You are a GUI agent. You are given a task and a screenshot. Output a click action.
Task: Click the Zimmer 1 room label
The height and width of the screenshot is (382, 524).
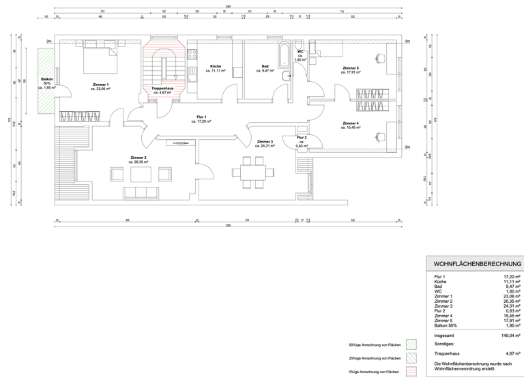[x=100, y=84]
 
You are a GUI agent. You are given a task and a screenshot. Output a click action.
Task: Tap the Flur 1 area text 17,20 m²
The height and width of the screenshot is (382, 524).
[x=201, y=121]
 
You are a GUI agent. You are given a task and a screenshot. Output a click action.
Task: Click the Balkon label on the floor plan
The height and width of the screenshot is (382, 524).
[x=46, y=79]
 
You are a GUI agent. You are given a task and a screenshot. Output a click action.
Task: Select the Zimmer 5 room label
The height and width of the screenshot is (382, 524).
[x=351, y=68]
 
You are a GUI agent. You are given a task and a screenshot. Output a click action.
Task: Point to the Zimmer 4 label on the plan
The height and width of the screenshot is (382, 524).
[x=351, y=123]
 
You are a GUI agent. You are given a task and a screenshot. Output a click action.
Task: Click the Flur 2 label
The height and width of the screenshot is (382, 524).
[x=301, y=138]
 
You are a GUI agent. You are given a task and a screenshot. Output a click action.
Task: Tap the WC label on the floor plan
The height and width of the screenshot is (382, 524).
[x=300, y=52]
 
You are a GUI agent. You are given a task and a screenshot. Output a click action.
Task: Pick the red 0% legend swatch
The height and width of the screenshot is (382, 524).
[x=411, y=372]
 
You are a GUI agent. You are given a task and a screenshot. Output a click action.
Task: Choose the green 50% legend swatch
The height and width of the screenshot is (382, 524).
[x=411, y=344]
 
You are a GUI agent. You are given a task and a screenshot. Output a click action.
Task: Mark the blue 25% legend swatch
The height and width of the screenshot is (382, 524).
[x=411, y=358]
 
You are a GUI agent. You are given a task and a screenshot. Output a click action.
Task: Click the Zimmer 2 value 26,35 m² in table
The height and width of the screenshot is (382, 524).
[x=509, y=301]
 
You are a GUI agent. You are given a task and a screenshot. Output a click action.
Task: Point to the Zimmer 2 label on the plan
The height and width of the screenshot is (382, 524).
[x=139, y=158]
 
